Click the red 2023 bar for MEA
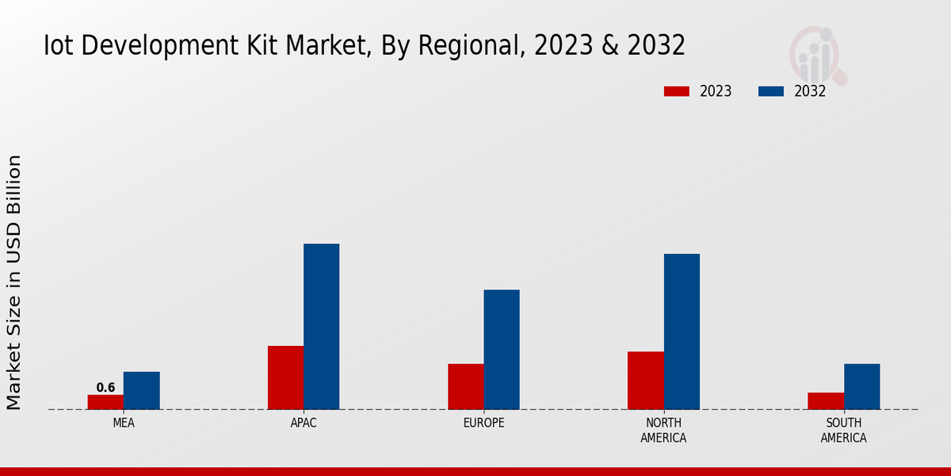coord(105,402)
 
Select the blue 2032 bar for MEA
coord(141,390)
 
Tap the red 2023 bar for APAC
coord(285,378)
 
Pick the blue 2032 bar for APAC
coord(321,326)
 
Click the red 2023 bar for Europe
coord(465,386)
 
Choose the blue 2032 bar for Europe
coord(502,349)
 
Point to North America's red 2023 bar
coord(645,380)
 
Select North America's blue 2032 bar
coord(682,332)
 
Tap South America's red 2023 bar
coord(825,401)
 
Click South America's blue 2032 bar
coord(861,386)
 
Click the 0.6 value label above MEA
coord(105,388)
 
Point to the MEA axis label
coord(124,423)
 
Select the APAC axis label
coord(304,423)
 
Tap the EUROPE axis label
coord(483,423)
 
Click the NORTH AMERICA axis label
coord(663,430)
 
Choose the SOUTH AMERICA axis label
coord(843,430)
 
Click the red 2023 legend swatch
coord(677,91)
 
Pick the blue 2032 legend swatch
coord(771,91)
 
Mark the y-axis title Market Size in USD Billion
coord(14,282)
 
